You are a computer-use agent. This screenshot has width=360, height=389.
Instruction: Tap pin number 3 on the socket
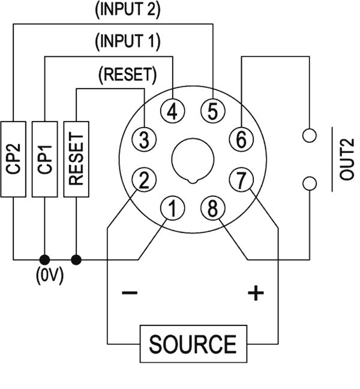143,139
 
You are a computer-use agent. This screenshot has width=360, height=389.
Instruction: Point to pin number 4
173,111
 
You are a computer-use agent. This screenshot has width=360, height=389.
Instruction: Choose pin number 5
212,111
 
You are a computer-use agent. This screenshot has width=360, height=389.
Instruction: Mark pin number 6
241,140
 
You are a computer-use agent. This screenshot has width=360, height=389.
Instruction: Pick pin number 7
241,179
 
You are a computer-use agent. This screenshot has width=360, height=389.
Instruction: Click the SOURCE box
193,345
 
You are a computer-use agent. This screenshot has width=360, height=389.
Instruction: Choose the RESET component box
77,159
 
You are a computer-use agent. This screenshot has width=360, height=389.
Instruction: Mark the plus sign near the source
256,294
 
